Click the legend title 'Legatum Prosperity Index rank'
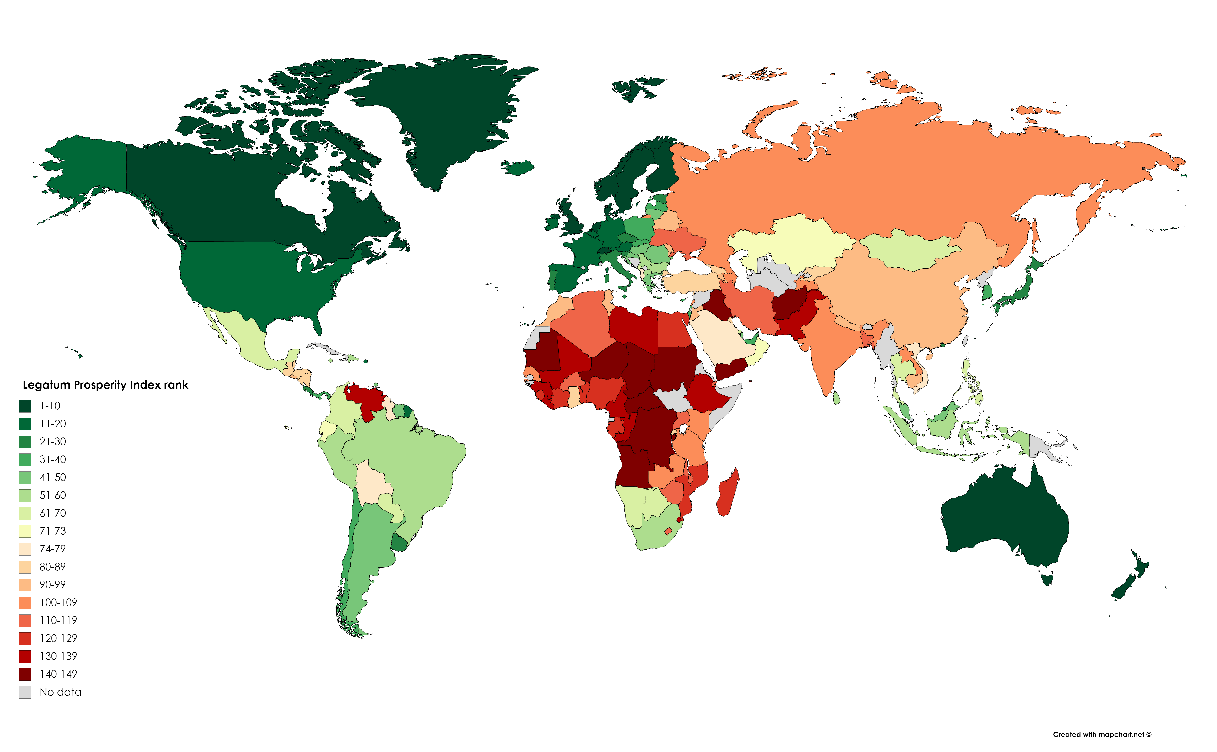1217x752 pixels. pyautogui.click(x=105, y=385)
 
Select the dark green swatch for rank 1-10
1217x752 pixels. pyautogui.click(x=25, y=406)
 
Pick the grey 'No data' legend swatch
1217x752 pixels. pyautogui.click(x=25, y=692)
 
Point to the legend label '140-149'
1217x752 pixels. pyautogui.click(x=58, y=674)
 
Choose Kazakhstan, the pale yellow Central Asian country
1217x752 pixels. pyautogui.click(x=791, y=244)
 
